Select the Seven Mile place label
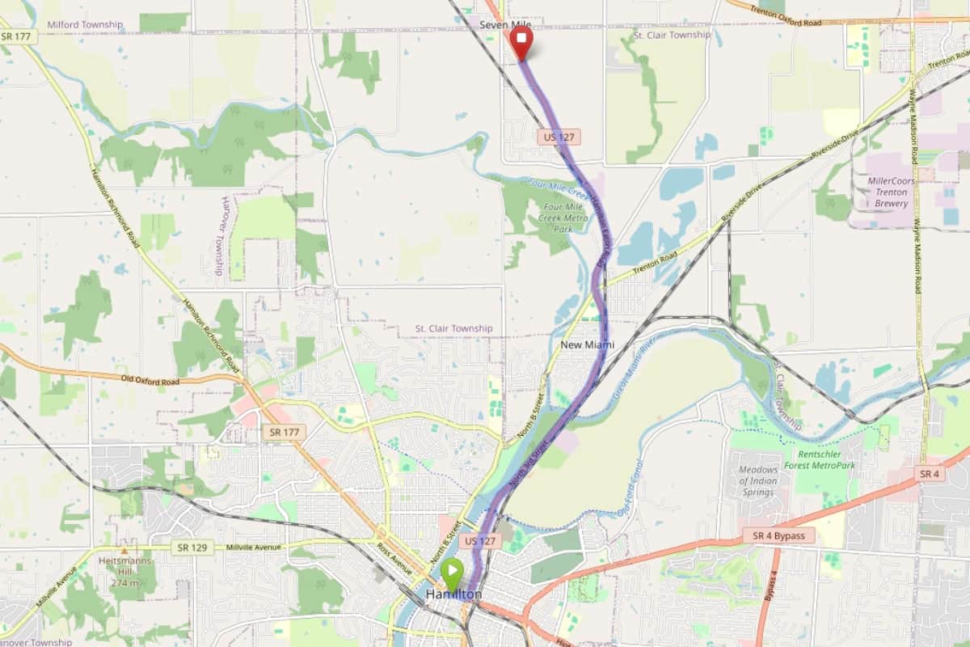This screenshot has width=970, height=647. [505, 26]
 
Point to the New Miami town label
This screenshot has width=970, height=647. [587, 345]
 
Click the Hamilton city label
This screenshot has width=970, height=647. [453, 595]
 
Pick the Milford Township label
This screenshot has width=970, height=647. [85, 25]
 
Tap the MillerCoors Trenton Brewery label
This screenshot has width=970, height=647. [891, 192]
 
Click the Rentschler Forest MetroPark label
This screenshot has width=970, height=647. [825, 460]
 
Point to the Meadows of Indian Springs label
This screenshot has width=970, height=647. [760, 481]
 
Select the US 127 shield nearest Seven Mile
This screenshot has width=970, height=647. [559, 137]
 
